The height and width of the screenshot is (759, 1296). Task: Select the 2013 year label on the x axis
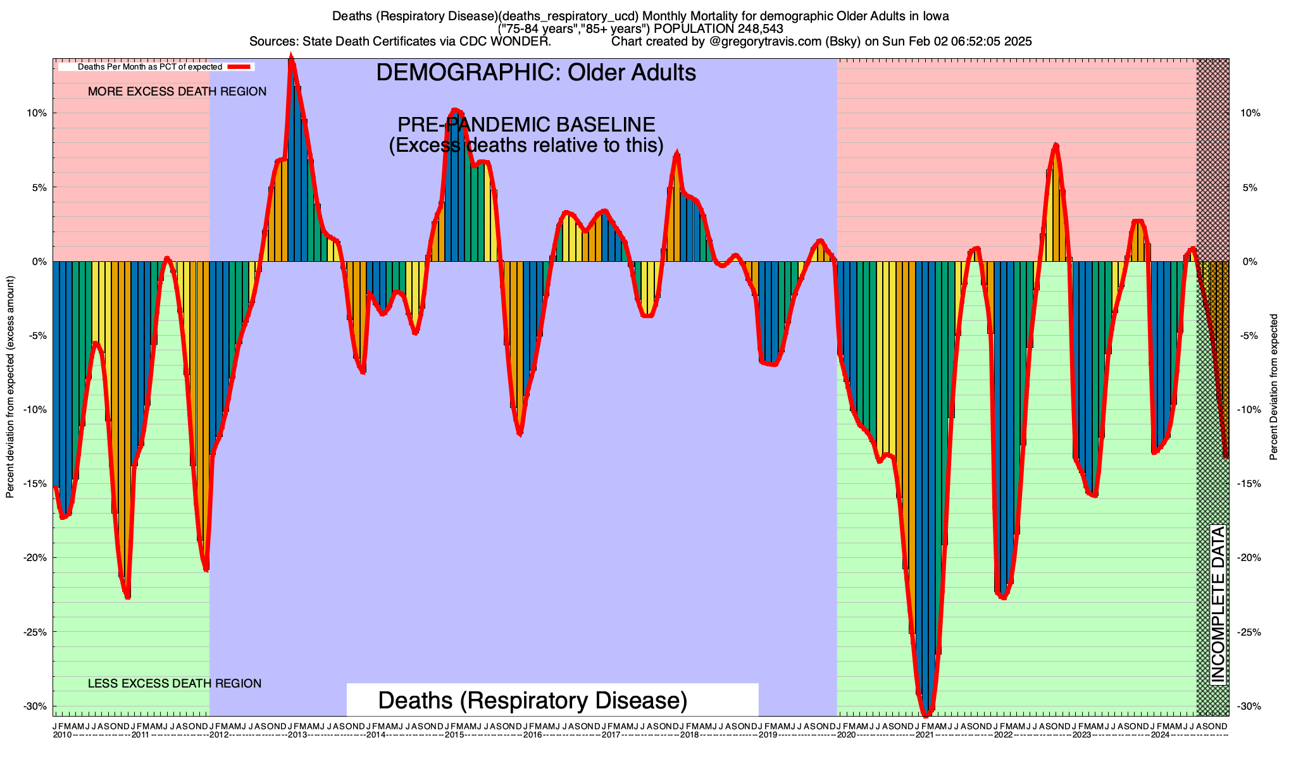pos(297,735)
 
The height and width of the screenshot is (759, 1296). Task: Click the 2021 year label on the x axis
pos(925,735)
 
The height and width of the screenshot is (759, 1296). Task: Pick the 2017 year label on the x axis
pos(611,735)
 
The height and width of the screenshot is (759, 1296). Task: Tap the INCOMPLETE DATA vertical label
pos(1218,604)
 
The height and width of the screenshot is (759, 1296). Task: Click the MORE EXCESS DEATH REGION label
pos(177,92)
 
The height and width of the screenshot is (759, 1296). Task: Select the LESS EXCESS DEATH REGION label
pos(175,684)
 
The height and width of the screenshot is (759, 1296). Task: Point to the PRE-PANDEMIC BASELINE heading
pos(526,125)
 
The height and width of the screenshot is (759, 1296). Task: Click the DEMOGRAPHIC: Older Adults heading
pos(536,73)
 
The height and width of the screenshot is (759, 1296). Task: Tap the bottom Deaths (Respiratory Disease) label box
pos(533,701)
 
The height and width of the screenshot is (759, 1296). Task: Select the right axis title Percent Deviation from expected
pos(1274,387)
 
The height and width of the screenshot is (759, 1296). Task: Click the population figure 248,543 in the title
pos(751,28)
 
